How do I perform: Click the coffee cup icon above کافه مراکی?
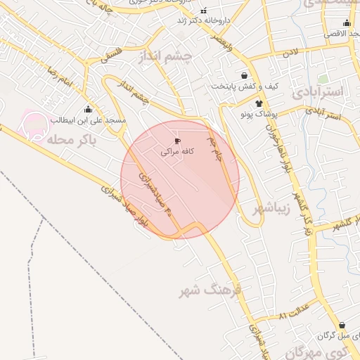[x=176, y=141]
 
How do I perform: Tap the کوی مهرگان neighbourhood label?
[x=333, y=351]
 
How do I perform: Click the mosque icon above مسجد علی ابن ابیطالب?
[x=88, y=109]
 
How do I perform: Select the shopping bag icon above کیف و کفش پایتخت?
[x=243, y=75]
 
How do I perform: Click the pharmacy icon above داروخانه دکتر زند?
[x=204, y=11]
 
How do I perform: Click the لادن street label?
[x=291, y=53]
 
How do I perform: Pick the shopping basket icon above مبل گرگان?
[x=342, y=326]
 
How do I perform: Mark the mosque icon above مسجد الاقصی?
[x=347, y=23]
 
